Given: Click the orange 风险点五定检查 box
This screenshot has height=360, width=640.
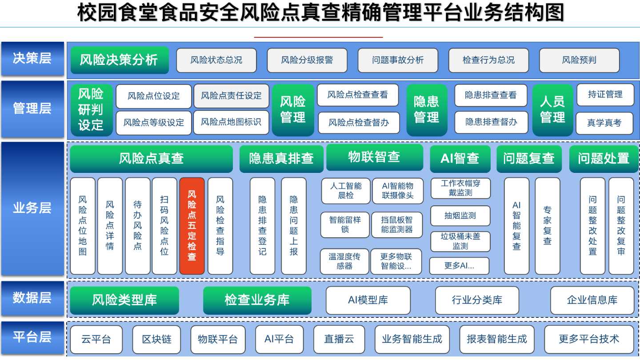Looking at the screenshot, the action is tap(192, 226).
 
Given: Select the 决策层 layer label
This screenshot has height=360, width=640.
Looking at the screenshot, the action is tap(32, 59).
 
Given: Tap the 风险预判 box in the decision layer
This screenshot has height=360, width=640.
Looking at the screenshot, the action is tap(579, 60).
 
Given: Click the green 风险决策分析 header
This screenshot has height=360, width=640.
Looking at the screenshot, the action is tap(120, 60).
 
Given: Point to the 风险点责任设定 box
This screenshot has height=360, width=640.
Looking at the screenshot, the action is tap(231, 96).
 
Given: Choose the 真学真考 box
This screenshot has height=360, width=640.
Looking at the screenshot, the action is tap(604, 123).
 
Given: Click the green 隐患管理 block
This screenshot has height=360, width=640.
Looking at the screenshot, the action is tap(427, 110).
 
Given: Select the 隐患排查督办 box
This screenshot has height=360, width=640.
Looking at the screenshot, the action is tap(491, 122).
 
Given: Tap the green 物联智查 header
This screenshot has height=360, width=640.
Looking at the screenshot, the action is tap(375, 157).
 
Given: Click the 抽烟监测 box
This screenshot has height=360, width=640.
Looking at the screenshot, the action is tap(460, 216).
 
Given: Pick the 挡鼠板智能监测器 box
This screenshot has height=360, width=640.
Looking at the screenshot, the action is tap(397, 225).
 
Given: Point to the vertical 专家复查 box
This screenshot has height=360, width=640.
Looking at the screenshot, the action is tap(547, 226).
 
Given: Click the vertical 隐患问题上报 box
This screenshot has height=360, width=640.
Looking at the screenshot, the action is tap(294, 226).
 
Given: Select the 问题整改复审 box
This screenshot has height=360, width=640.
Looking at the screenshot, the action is tap(621, 226).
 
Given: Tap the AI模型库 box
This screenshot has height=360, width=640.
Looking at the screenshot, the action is tap(368, 300).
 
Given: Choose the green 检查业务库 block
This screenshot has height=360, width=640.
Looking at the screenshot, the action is tap(257, 300).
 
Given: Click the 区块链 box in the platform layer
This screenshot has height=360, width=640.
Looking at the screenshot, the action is tap(156, 340).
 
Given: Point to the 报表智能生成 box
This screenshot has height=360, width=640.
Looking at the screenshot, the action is tap(497, 340).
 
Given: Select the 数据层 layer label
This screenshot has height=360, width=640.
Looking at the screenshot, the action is tap(32, 298).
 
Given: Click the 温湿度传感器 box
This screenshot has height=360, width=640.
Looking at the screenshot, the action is tap(344, 261).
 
